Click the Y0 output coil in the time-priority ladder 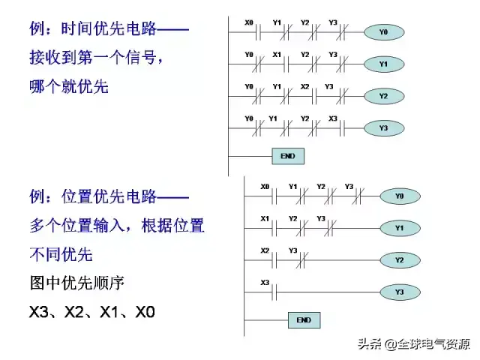pyautogui.click(x=383, y=32)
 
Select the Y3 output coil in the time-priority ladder pyautogui.click(x=383, y=128)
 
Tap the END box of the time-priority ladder pyautogui.click(x=288, y=156)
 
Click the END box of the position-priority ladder pyautogui.click(x=304, y=319)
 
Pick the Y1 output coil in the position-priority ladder pyautogui.click(x=399, y=227)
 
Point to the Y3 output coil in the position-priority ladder pyautogui.click(x=399, y=292)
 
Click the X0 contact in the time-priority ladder pyautogui.click(x=250, y=33)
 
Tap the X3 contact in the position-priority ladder pyautogui.click(x=265, y=292)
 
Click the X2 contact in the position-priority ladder pyautogui.click(x=265, y=259)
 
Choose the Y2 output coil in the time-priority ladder pyautogui.click(x=383, y=96)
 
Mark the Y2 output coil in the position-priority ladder pyautogui.click(x=399, y=260)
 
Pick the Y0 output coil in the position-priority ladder pyautogui.click(x=399, y=196)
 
